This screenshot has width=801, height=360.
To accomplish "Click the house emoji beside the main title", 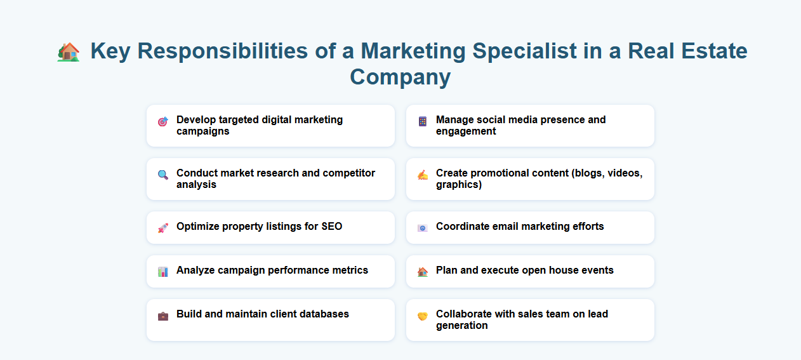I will (x=69, y=51).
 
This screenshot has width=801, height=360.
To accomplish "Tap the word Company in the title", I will (x=400, y=77).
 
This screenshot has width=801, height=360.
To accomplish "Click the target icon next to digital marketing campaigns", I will (x=163, y=121).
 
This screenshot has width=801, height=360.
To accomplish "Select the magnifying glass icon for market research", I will (x=163, y=175).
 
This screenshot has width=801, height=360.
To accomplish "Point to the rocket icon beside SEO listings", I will (x=163, y=227).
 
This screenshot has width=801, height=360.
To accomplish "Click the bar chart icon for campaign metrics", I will (x=163, y=271).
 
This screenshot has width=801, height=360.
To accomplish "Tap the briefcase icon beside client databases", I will (x=163, y=316).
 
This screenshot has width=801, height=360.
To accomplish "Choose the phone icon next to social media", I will (x=423, y=121).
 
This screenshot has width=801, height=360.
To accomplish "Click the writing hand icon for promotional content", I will (x=423, y=175).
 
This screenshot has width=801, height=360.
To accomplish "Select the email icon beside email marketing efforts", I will (x=423, y=227).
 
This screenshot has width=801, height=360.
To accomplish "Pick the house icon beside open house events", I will (x=423, y=271).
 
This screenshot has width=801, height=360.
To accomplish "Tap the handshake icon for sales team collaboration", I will (x=423, y=316).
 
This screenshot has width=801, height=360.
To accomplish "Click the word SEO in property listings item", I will (x=331, y=227).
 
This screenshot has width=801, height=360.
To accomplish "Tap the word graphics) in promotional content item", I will (x=459, y=185).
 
